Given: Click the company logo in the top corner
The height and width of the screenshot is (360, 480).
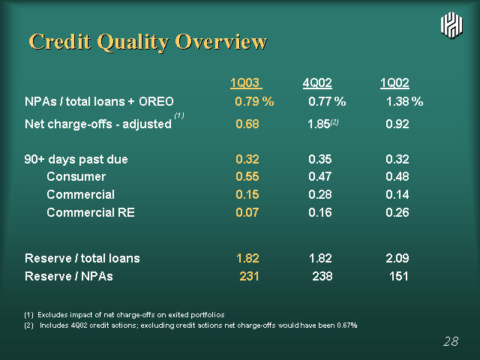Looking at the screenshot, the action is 451,25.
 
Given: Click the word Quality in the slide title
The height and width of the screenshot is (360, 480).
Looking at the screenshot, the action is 133,42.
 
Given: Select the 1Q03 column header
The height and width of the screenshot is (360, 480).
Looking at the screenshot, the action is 246,83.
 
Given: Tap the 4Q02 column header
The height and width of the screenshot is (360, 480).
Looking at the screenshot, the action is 317,83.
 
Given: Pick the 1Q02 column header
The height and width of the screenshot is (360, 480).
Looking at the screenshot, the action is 394,83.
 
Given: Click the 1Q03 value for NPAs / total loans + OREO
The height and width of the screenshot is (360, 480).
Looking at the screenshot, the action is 254,101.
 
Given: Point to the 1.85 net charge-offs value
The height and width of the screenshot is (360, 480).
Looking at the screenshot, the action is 319,124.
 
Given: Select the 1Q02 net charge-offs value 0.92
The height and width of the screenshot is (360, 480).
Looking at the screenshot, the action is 397,124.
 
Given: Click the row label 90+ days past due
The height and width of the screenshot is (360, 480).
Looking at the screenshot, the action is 76,160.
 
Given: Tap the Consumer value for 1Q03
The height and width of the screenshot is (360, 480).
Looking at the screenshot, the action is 247,177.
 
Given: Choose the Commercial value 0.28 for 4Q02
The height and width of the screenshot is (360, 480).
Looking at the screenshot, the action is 320,195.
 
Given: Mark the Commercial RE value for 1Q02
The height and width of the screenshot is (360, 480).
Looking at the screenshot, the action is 397,212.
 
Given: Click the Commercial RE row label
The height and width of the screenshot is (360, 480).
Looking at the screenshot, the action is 91,212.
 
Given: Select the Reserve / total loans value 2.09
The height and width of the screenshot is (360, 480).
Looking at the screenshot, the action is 397,258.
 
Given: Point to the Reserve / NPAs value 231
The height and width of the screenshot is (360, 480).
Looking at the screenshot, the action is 249,277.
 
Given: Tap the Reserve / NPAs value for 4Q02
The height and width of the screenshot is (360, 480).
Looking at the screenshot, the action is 322,277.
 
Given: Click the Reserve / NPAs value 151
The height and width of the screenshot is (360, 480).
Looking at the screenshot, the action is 399,277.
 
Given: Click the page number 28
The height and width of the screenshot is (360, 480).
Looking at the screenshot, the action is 451,341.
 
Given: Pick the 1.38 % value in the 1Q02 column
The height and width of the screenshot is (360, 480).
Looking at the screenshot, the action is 404,101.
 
